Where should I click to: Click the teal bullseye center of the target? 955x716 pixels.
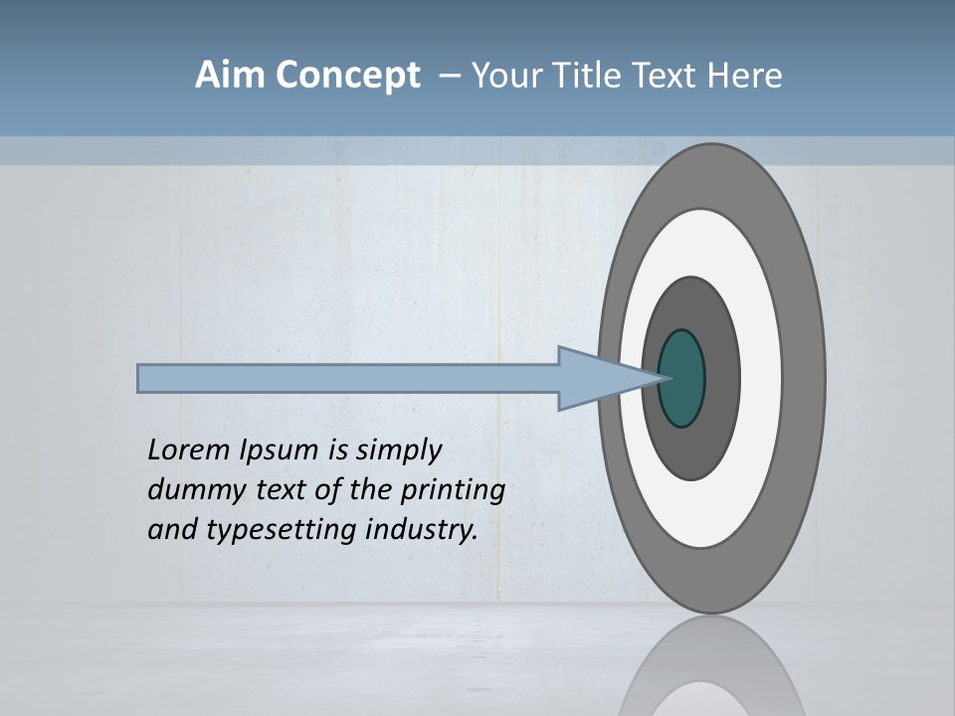pos(682,378)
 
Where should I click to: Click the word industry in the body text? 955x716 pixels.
pos(422,530)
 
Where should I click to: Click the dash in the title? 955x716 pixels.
pos(449,76)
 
